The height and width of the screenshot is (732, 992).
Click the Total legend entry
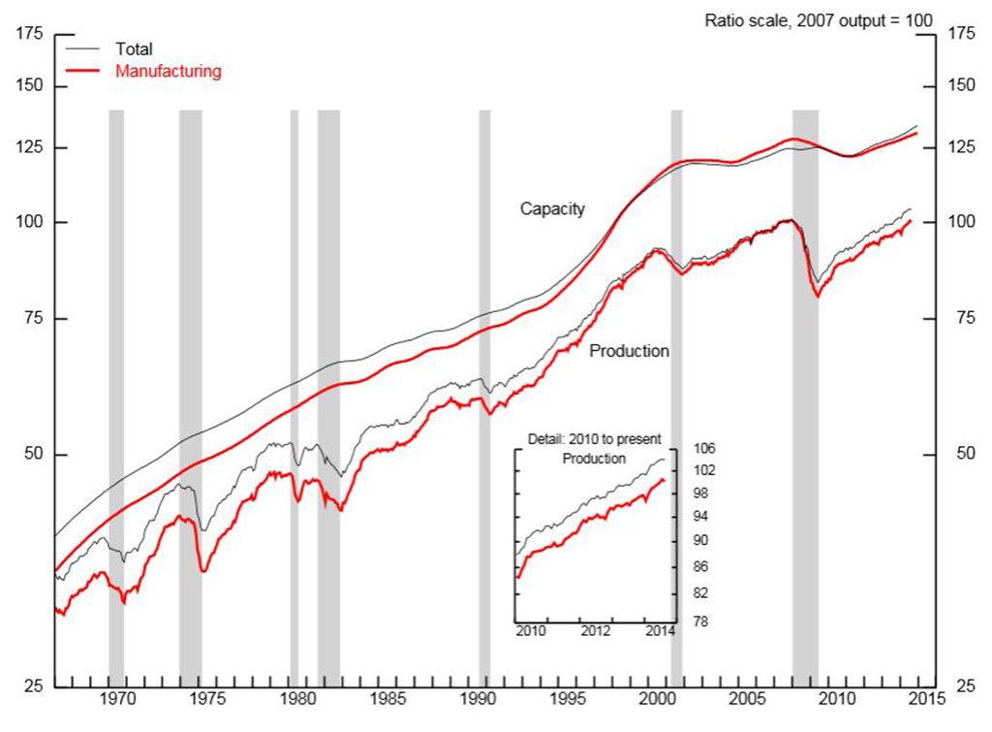click(134, 48)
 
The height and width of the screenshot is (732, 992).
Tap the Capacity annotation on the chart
click(552, 208)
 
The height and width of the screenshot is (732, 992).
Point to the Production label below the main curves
click(629, 351)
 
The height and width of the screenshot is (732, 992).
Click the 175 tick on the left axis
click(30, 35)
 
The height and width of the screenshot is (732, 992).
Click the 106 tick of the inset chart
click(704, 449)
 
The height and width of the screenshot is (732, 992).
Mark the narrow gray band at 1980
click(294, 242)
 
